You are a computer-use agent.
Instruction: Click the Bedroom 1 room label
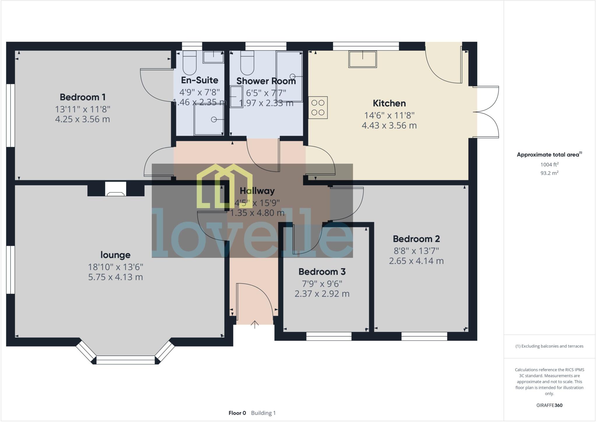click(x=82, y=97)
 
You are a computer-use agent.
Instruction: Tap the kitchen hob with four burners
click(x=318, y=108)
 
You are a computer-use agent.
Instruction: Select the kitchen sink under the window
click(x=362, y=59)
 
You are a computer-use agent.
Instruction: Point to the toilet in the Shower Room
click(x=247, y=64)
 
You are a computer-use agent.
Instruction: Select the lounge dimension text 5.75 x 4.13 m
click(x=115, y=277)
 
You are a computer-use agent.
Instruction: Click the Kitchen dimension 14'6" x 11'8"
click(x=389, y=115)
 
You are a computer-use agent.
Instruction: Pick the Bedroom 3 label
click(x=322, y=272)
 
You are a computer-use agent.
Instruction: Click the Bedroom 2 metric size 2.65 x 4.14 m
click(x=416, y=261)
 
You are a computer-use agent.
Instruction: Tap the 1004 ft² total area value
click(x=549, y=164)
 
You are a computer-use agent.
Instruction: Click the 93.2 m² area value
click(x=549, y=173)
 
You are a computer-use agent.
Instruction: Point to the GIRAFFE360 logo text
click(x=549, y=405)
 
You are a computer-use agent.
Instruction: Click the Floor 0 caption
click(x=237, y=413)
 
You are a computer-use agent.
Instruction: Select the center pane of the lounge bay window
click(x=125, y=360)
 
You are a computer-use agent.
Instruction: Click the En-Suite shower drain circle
click(x=214, y=120)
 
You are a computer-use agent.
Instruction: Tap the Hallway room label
click(x=257, y=191)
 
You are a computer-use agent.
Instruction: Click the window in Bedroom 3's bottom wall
click(x=329, y=336)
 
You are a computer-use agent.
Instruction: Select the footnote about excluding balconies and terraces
click(x=549, y=346)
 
